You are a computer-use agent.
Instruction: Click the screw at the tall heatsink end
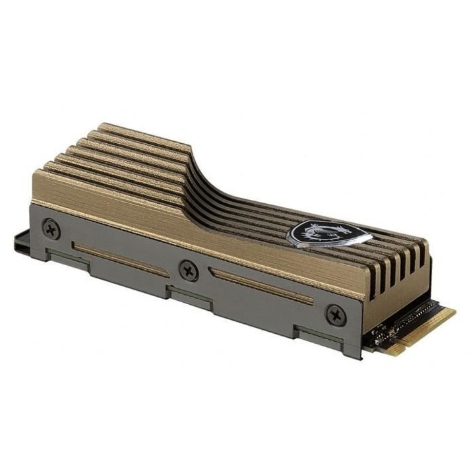(51, 229)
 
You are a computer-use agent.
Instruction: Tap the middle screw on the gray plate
(189, 270)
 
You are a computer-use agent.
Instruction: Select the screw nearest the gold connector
(335, 314)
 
